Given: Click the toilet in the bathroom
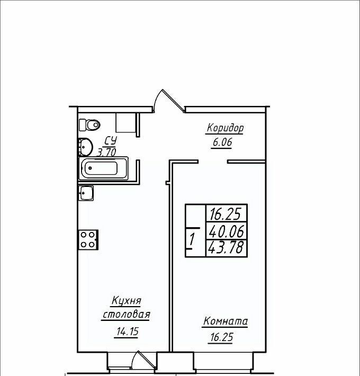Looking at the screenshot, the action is coord(89,124).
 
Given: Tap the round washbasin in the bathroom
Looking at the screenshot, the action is coord(85,147).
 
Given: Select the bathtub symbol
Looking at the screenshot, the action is coord(103,168).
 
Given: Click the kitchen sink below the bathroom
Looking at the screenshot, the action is coord(86,193).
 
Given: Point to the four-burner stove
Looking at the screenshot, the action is coord(88,240).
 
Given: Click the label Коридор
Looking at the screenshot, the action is coord(225,128).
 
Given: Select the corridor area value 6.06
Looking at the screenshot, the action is coord(222,142).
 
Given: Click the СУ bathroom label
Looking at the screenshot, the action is coord(111,141).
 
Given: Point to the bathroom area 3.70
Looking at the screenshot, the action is coord(107,153).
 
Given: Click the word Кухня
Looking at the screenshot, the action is coord(127,301).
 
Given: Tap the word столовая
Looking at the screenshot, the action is coord(127,315).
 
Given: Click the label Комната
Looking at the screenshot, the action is coord(226,321).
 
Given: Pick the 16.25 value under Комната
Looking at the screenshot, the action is coord(222,337).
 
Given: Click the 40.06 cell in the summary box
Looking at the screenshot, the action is coord(227,231).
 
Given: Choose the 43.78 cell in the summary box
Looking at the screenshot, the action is coord(227,248).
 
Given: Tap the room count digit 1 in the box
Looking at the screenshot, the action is coord(192,240).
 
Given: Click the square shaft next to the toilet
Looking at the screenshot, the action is coord(126,122).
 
